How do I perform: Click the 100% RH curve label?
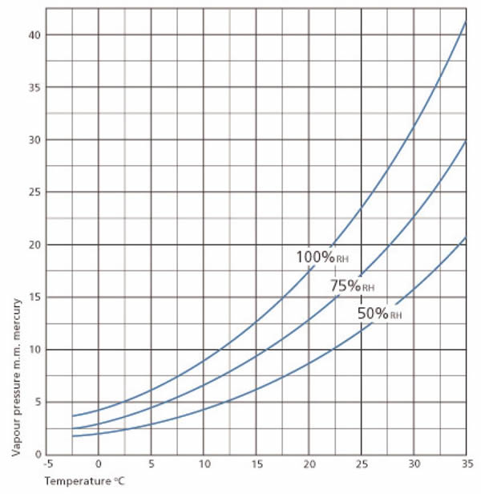point(323,257)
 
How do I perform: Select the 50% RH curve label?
point(379,314)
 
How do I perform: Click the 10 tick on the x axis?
point(204,465)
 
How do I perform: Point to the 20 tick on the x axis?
point(309,465)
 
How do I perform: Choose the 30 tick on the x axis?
point(414,465)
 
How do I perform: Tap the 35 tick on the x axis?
point(467,465)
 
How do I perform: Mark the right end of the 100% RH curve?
point(467,22)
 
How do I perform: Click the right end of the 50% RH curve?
point(467,238)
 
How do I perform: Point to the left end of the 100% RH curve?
point(72,415)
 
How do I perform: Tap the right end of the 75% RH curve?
point(467,141)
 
